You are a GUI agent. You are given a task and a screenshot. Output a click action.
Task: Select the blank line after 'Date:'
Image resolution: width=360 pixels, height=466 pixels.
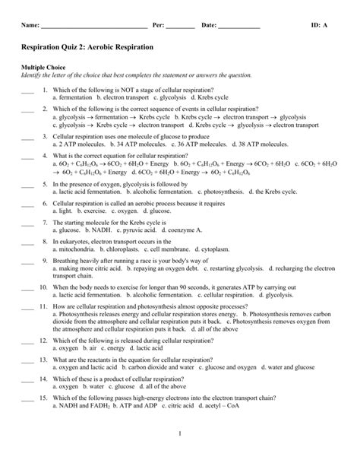(x=238, y=27)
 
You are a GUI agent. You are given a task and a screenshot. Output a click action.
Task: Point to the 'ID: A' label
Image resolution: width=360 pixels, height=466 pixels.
(x=320, y=25)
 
